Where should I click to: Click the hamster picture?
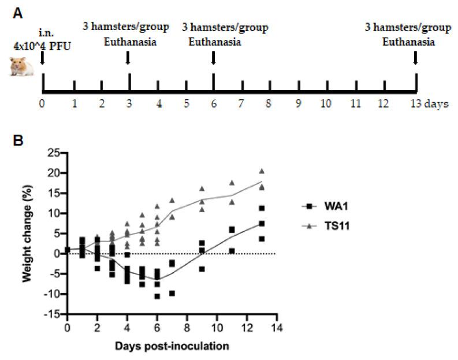point(22,66)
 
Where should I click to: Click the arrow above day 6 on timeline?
point(214,58)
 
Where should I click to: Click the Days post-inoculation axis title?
point(172,347)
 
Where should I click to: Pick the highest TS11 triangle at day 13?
point(262,171)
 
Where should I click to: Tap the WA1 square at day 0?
point(68,250)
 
